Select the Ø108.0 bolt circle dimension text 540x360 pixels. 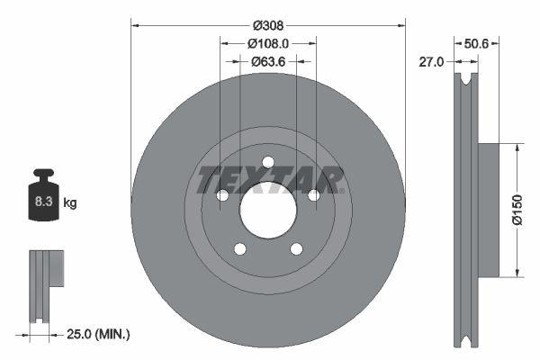(267, 41)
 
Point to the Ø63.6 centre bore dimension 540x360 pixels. (267, 61)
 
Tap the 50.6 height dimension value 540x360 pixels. (475, 41)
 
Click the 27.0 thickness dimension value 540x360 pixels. (433, 62)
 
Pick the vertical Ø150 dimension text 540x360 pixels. (517, 209)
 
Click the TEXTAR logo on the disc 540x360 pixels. (269, 179)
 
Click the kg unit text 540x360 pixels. (70, 203)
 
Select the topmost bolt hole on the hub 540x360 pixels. (268, 162)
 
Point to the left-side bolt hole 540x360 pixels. (222, 195)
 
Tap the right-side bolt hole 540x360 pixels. (313, 195)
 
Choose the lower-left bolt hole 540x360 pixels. (239, 249)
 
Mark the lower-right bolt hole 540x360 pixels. (296, 249)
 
